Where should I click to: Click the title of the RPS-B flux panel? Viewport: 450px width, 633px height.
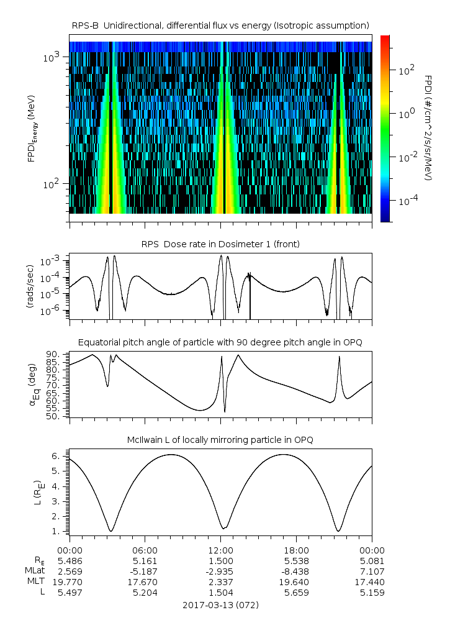pos(220,25)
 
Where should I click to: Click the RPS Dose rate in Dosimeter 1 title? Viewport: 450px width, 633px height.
pos(220,244)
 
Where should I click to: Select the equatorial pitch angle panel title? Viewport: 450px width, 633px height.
pos(220,342)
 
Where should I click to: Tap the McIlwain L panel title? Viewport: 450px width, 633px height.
pos(220,440)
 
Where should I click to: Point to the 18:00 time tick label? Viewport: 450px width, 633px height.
pos(296,550)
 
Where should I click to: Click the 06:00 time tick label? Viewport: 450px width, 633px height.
pos(145,550)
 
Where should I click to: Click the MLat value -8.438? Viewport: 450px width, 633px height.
pos(296,571)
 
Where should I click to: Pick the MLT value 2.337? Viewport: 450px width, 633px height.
pos(220,581)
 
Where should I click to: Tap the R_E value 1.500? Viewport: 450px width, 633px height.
pos(220,560)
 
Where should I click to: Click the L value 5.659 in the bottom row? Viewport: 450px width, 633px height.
pos(296,592)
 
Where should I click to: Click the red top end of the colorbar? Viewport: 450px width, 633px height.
pos(385,39)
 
